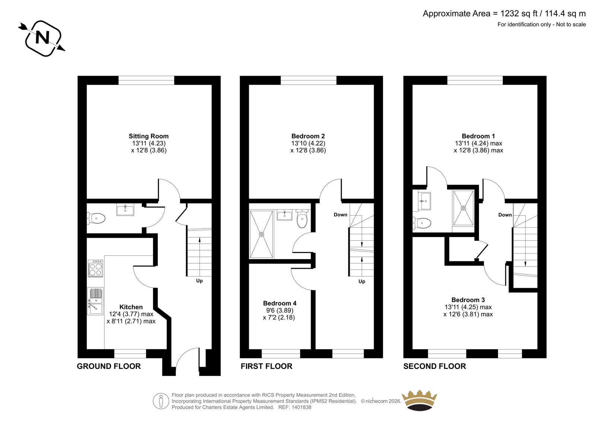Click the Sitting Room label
point(149,136)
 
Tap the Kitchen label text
point(131,307)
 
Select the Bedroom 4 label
point(280,303)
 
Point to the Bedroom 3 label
point(468,300)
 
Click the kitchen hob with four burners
point(95,268)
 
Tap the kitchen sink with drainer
point(95,301)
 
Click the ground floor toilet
point(96,219)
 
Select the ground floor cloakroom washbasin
point(125,210)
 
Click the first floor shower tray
point(261,234)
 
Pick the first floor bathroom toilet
point(302,219)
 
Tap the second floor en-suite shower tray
point(463,208)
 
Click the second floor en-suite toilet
point(422,223)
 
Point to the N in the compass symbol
point(42,38)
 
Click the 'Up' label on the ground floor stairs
point(199,281)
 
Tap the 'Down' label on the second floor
point(505,215)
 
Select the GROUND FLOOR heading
point(109,366)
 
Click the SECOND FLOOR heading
point(434,366)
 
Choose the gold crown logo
point(419,400)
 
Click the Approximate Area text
point(504,13)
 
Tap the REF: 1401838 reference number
point(295,407)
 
